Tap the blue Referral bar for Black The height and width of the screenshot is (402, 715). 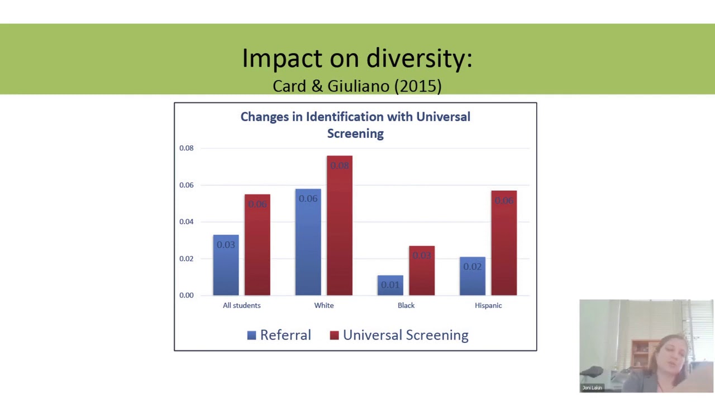390,285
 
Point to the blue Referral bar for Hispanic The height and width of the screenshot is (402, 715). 473,277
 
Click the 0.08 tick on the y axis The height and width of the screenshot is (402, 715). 187,148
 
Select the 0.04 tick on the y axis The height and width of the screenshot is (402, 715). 187,222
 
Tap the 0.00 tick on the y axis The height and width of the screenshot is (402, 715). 187,295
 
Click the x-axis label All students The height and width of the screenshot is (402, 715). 241,305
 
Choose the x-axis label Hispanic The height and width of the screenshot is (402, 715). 488,305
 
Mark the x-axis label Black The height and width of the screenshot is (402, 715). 406,305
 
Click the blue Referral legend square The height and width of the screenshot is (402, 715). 251,335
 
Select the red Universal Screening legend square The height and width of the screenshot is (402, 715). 334,335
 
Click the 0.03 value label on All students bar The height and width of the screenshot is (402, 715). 226,245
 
